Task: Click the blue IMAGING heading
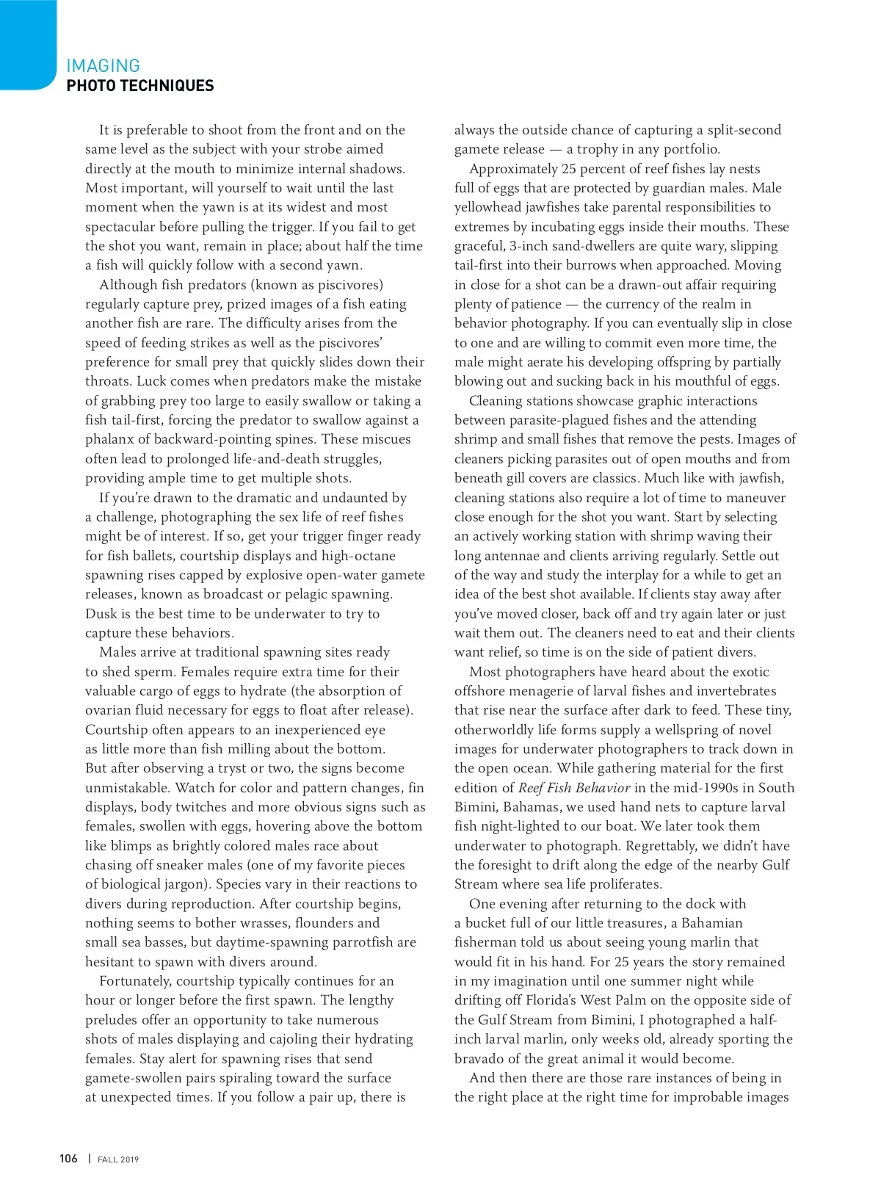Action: click(x=103, y=66)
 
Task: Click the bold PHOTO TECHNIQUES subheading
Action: click(x=139, y=86)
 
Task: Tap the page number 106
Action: click(x=68, y=1159)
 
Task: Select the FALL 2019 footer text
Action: click(x=118, y=1159)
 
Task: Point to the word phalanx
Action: click(x=111, y=439)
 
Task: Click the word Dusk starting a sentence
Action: click(x=101, y=614)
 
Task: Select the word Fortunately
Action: click(x=136, y=981)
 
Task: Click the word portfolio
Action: click(x=692, y=150)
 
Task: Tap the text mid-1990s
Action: click(x=703, y=788)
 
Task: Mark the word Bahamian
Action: click(x=711, y=923)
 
